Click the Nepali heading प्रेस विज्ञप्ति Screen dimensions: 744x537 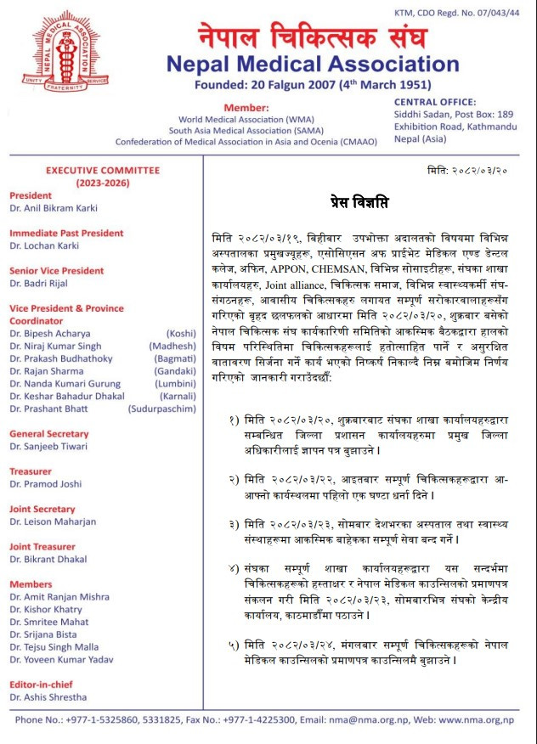point(359,203)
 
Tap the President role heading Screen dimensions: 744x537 point(31,194)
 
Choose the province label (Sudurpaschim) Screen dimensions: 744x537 point(161,409)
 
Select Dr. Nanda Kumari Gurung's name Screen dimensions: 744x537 point(65,384)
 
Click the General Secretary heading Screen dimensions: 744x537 point(49,434)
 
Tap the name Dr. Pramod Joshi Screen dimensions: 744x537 point(46,483)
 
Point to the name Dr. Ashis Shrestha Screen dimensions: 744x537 point(48,697)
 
